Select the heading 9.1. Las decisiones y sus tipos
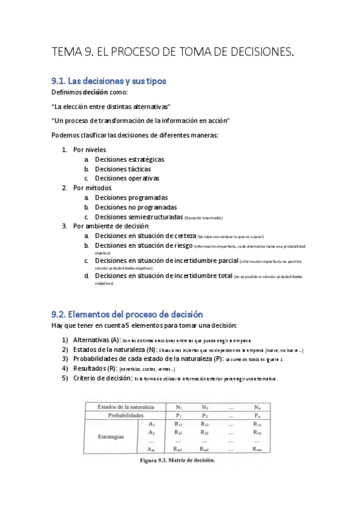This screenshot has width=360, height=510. tap(109, 81)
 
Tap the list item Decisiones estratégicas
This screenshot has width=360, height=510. tap(129, 159)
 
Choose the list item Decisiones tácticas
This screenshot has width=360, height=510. tap(123, 169)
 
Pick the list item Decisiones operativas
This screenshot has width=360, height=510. tap(127, 178)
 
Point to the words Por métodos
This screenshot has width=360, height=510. tap(92, 188)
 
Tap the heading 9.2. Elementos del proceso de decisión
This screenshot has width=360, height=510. tap(127, 314)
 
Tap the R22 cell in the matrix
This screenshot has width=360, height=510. tap(204, 432)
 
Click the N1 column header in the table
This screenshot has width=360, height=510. tap(177, 407)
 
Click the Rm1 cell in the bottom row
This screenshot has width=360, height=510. tap(178, 449)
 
